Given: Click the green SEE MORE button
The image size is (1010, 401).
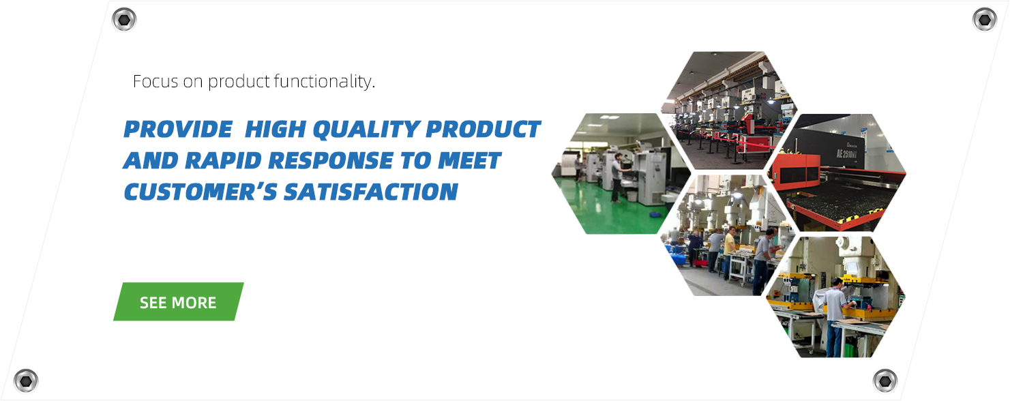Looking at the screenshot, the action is tap(179, 301).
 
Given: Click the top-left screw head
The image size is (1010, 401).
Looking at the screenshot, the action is tap(124, 20).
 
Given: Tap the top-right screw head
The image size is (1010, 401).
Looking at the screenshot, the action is tap(985, 20).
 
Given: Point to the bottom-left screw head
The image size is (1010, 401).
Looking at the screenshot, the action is tap(26, 381).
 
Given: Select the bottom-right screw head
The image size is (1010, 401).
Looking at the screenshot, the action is tap(885, 381).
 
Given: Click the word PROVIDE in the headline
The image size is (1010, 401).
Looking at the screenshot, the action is tap(178, 130).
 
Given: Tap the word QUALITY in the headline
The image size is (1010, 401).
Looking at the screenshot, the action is tap(367, 130).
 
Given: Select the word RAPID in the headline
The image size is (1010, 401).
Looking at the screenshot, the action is tap(223, 160).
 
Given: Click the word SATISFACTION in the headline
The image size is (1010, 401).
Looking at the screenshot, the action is tap(371, 192).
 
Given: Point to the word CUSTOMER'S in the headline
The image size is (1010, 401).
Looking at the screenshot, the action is tap(200, 192).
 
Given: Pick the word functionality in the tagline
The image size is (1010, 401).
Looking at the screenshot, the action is tap(324, 82).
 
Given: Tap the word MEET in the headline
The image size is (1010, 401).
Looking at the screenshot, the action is tap(469, 160).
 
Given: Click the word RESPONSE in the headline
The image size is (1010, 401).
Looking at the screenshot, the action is tap(331, 160).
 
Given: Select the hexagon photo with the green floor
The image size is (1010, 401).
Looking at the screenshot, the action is tap(621, 174).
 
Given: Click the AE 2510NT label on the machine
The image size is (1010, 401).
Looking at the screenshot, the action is tap(847, 153).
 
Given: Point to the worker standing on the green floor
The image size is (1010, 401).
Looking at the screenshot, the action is tap(617, 178).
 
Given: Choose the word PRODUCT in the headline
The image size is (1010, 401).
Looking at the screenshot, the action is tap(483, 130).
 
